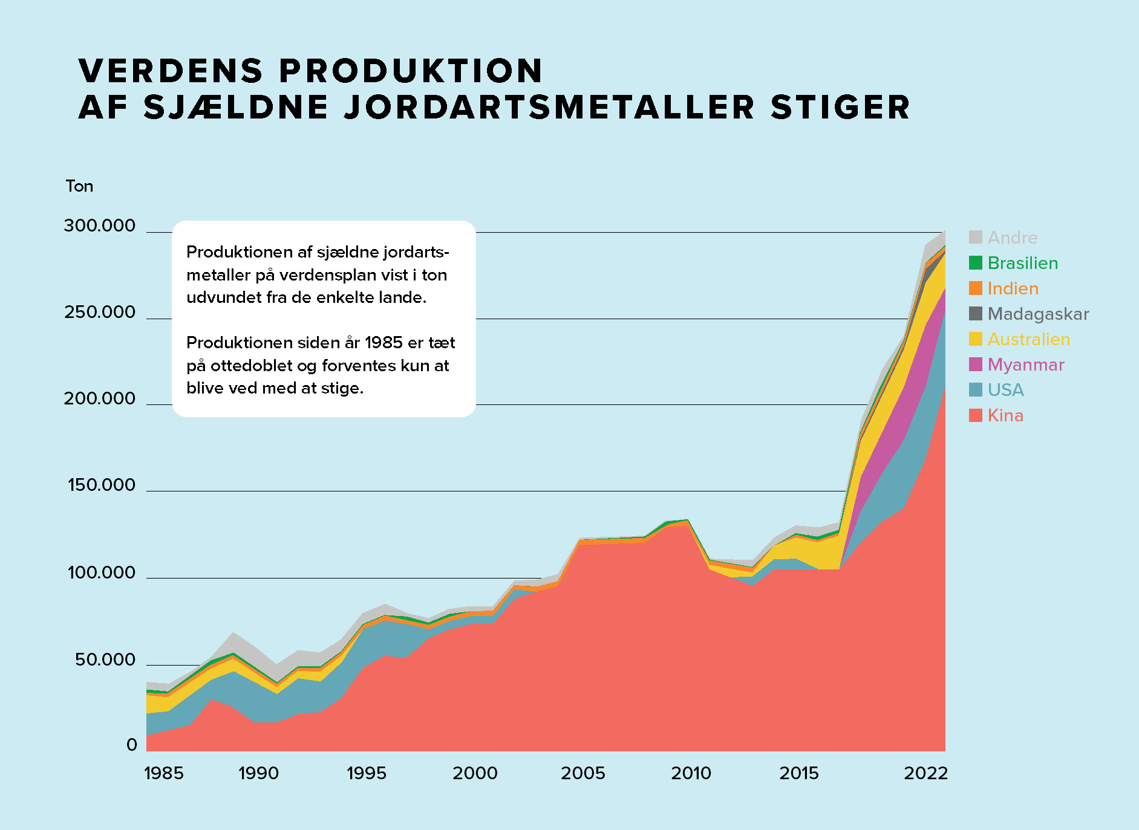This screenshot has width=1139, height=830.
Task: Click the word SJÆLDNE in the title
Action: [x=236, y=108]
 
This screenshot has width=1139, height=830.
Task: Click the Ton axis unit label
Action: [x=79, y=186]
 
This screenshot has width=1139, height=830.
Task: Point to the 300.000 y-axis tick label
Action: [x=100, y=226]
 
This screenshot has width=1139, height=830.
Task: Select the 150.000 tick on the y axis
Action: [x=102, y=485]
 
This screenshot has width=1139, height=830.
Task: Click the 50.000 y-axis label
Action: [x=105, y=660]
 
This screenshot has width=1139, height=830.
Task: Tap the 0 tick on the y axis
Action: [x=132, y=745]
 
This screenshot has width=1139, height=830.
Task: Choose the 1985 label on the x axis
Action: [x=164, y=773]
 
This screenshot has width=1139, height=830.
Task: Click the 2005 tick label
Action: [x=583, y=773]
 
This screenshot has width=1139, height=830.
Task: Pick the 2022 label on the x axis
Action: [x=925, y=773]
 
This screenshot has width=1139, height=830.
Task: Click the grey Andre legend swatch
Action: [x=975, y=237]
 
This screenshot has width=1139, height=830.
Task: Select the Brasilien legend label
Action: [x=1022, y=264]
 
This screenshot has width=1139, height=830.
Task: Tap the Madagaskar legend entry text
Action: [x=1038, y=314]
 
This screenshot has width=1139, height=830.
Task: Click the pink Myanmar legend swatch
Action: [x=975, y=364]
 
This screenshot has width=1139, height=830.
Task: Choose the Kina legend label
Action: [x=1005, y=416]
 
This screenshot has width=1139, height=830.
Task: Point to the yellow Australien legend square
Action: [x=975, y=339]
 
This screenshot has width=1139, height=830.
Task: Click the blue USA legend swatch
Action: [x=975, y=389]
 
